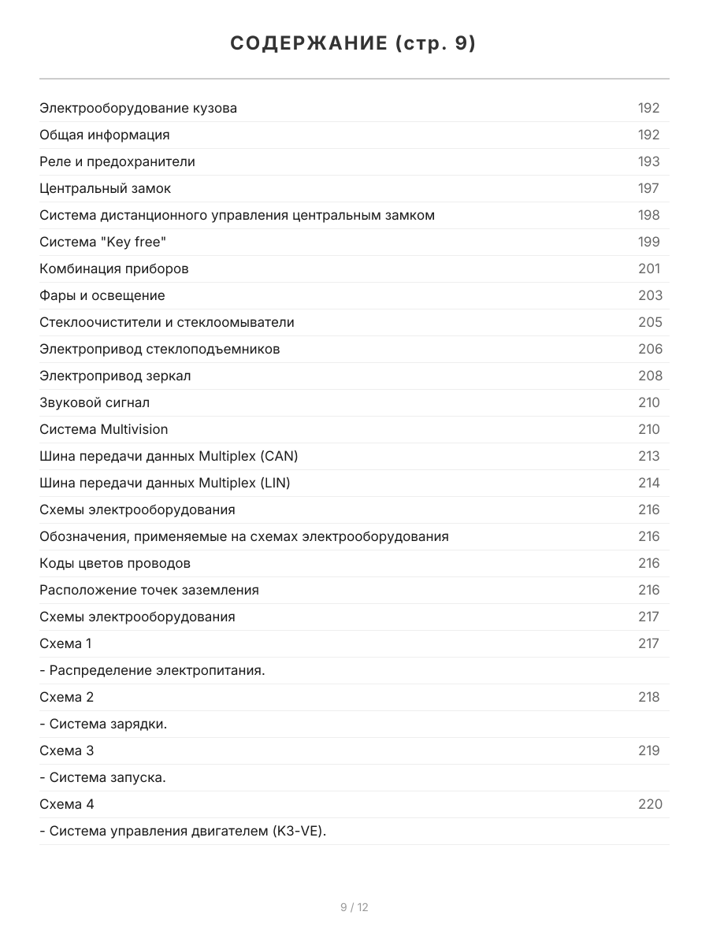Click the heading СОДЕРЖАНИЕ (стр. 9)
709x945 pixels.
354,44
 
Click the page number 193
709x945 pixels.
648,161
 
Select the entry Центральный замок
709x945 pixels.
105,188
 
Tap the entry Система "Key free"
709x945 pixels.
102,242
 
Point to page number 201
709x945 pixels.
648,269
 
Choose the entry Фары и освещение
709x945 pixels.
102,295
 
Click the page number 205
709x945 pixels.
650,322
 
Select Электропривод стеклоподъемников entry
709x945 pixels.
159,349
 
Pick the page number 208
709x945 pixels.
650,376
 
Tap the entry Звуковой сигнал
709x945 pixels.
95,402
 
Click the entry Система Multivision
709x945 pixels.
103,429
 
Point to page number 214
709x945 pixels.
648,483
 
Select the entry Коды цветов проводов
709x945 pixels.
115,563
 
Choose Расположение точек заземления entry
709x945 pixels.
149,590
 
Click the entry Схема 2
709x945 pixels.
67,697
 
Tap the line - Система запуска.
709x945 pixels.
102,777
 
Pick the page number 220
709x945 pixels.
650,804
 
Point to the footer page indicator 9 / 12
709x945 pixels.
354,907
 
